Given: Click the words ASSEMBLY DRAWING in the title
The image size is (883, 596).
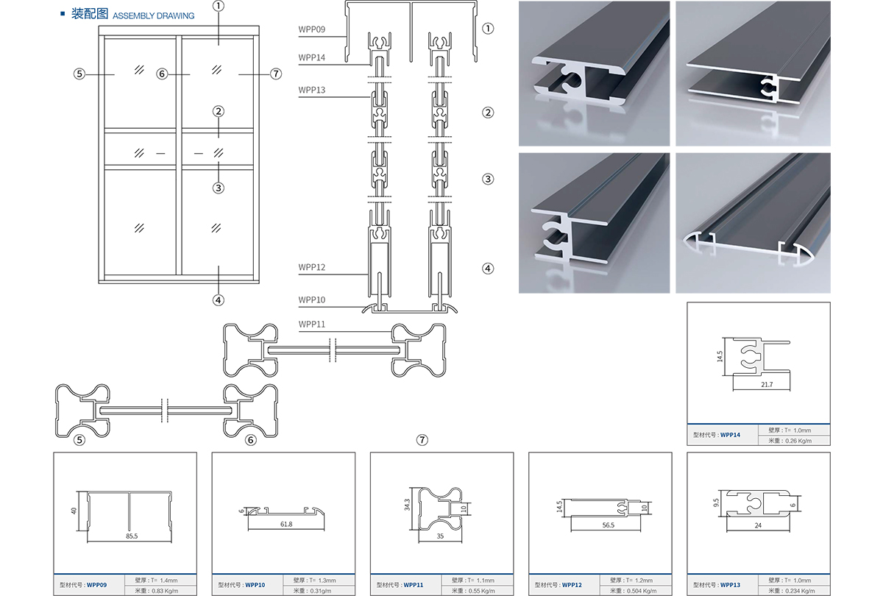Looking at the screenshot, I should pos(154,15).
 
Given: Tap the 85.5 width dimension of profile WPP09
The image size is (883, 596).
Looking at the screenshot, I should pos(131,536).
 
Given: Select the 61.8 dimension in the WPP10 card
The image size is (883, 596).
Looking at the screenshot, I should pos(286,524).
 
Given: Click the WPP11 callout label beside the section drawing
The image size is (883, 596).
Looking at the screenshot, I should pos(312,324).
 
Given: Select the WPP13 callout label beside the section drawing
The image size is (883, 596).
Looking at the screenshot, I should pos(312,91).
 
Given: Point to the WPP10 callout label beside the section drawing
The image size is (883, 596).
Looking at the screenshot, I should pos(312,300).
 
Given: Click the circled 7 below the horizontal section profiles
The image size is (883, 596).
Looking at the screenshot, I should pos(422,440).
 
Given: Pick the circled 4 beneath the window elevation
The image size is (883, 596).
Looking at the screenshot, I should pos(218,299).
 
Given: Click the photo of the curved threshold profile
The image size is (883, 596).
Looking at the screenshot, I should pos(753,223).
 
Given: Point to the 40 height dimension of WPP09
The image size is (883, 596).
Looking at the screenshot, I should pos(74,510).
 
